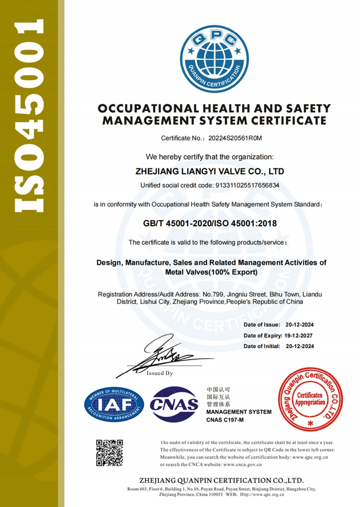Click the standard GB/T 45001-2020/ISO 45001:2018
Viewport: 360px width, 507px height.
[210, 223]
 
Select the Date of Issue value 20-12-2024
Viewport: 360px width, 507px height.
[300, 325]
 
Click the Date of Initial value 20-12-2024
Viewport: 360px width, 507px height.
[300, 346]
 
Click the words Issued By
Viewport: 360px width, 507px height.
[160, 374]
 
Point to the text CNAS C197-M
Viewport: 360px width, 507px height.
[225, 421]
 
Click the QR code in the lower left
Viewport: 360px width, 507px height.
[109, 452]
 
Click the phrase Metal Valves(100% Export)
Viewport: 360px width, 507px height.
[212, 272]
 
